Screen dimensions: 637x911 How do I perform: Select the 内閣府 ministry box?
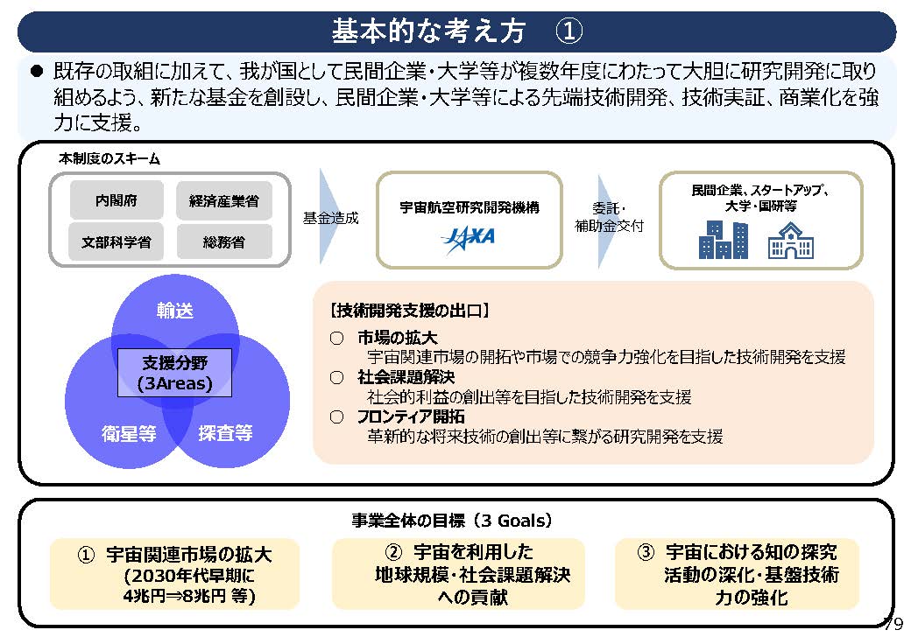point(117,200)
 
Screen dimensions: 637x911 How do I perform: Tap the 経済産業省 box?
point(224,200)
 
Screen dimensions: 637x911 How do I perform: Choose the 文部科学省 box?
point(117,241)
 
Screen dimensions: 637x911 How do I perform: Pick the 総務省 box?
point(224,241)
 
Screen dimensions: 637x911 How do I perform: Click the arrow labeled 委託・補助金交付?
point(611,218)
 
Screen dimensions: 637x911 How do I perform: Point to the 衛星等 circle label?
point(128,432)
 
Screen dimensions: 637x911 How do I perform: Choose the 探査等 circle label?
point(225,432)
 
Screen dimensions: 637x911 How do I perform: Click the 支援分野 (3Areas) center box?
point(175,373)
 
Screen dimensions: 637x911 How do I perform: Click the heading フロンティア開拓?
point(411,417)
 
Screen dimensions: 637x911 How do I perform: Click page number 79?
point(893,623)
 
